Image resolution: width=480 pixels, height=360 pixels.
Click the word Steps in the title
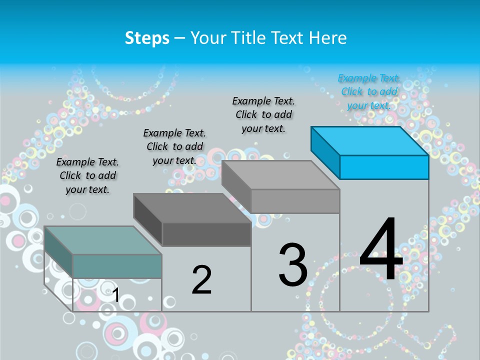pyautogui.click(x=147, y=38)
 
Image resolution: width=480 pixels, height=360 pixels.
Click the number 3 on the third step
pyautogui.click(x=293, y=264)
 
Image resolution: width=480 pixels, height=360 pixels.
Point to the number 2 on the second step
pyautogui.click(x=201, y=279)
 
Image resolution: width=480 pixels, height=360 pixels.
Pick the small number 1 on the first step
pyautogui.click(x=115, y=295)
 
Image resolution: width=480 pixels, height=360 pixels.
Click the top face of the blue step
pyautogui.click(x=369, y=140)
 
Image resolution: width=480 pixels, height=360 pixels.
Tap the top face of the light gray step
pyautogui.click(x=280, y=175)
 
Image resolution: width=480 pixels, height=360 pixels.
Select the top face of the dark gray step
pyautogui.click(x=192, y=208)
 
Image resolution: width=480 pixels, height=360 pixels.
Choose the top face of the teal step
pyautogui.click(x=103, y=240)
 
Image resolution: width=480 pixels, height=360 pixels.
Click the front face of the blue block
pyautogui.click(x=384, y=167)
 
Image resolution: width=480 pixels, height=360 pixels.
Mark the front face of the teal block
pyautogui.click(x=117, y=266)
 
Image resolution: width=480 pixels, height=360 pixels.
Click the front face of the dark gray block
pyautogui.click(x=206, y=234)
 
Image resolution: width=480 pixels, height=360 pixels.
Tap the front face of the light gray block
pyautogui.click(x=295, y=201)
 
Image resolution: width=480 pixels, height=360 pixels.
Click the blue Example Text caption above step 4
pyautogui.click(x=369, y=92)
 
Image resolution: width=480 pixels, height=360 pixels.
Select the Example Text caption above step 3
pyautogui.click(x=263, y=114)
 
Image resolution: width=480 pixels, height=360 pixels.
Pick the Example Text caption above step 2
pyautogui.click(x=174, y=146)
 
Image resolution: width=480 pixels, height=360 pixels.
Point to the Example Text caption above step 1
pyautogui.click(x=87, y=175)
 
